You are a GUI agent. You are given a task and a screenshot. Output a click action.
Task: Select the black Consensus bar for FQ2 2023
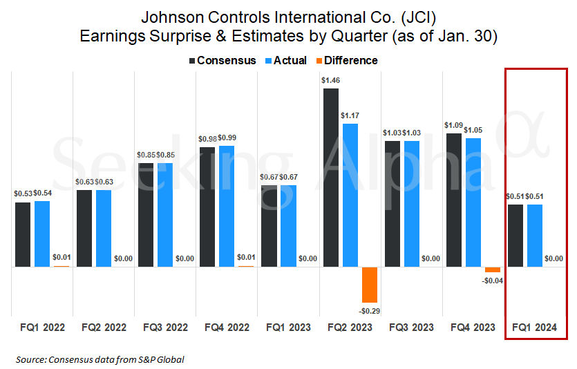(x=331, y=177)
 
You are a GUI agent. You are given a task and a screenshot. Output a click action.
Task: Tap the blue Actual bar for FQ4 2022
(x=227, y=206)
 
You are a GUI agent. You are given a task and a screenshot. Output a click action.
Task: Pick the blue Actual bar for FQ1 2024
(x=535, y=235)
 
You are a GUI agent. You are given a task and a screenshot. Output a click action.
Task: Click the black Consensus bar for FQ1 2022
(x=23, y=234)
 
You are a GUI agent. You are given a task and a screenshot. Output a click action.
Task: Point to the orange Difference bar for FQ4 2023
(x=493, y=269)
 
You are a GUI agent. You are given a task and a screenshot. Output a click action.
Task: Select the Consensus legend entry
(x=223, y=61)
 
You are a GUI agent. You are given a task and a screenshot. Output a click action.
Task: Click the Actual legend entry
(x=285, y=61)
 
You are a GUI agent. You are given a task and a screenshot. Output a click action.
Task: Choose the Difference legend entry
(x=346, y=61)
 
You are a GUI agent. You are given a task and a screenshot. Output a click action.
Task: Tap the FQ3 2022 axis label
(x=165, y=327)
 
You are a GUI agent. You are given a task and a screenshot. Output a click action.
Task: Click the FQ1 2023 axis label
(x=288, y=327)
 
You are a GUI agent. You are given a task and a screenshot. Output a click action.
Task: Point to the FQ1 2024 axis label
(x=535, y=327)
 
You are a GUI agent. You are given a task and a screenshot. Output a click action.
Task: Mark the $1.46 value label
(x=331, y=80)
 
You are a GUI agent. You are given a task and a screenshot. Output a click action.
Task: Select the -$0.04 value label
(x=493, y=281)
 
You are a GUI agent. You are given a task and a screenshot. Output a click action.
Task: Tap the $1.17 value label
(x=350, y=115)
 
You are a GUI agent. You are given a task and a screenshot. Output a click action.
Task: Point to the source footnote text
(x=100, y=359)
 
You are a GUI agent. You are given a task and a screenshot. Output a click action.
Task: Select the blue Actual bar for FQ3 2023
(x=412, y=203)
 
